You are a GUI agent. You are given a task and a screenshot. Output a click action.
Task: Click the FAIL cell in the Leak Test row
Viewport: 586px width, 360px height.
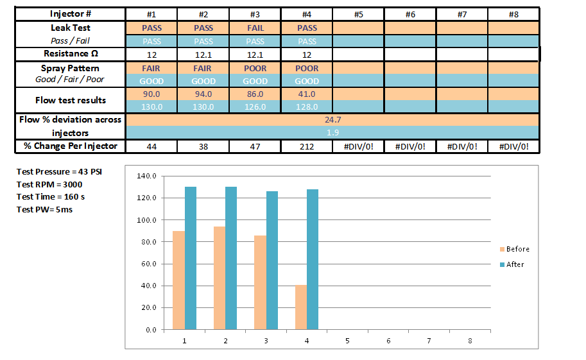pyautogui.click(x=255, y=28)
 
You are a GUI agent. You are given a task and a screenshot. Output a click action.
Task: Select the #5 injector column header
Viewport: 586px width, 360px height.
pyautogui.click(x=358, y=14)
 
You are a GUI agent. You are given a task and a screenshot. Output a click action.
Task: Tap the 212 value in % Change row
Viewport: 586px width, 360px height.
pyautogui.click(x=307, y=146)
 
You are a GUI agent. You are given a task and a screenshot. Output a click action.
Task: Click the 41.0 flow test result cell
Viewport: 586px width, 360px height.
pyautogui.click(x=307, y=94)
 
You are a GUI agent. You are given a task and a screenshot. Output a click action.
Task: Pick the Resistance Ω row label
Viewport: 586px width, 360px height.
pyautogui.click(x=71, y=54)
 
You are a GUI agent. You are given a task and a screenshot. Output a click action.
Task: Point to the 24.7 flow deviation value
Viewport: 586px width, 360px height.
pyautogui.click(x=332, y=119)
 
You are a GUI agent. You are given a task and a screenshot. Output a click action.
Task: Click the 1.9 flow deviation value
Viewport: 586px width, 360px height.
pyautogui.click(x=332, y=132)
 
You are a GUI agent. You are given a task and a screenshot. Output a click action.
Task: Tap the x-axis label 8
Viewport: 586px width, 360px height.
pyautogui.click(x=470, y=341)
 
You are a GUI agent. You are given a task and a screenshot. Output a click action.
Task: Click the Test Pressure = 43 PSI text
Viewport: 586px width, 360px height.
pyautogui.click(x=59, y=172)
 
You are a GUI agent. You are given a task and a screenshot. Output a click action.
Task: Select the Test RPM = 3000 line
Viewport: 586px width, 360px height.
pyautogui.click(x=49, y=184)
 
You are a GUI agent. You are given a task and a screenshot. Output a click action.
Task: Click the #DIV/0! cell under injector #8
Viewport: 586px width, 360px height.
pyautogui.click(x=513, y=146)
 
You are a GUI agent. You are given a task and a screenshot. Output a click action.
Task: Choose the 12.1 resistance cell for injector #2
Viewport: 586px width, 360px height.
pyautogui.click(x=203, y=55)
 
